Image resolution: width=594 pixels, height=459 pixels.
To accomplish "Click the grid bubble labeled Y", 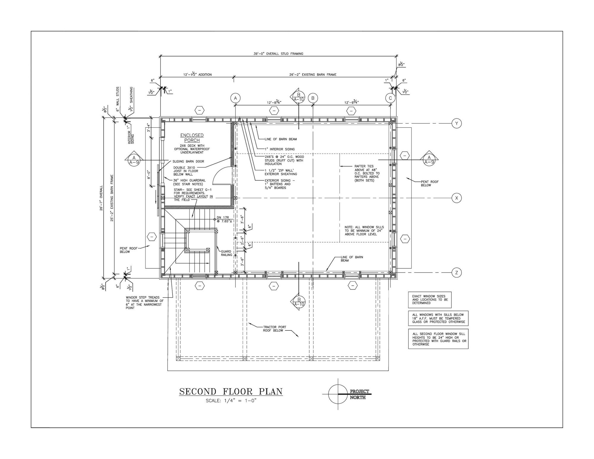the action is click(x=456, y=123).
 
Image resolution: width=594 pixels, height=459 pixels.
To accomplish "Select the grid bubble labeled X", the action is click(x=456, y=198).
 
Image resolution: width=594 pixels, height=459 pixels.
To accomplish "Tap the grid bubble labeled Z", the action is click(x=456, y=273).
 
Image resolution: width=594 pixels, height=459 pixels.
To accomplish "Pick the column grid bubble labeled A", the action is click(x=235, y=98).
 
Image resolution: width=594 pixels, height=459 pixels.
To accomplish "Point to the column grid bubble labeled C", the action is click(x=390, y=98).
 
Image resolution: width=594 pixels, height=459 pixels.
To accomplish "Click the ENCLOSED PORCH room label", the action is click(x=192, y=138).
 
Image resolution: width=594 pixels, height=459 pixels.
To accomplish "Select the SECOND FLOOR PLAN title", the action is click(x=231, y=392).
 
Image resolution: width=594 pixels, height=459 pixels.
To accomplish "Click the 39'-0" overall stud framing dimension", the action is click(x=278, y=54).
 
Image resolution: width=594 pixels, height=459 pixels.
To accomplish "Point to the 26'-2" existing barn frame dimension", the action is click(x=313, y=75).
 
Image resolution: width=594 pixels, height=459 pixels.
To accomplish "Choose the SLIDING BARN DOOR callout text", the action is click(x=188, y=162).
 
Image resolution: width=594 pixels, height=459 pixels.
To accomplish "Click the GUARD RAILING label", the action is click(x=226, y=253).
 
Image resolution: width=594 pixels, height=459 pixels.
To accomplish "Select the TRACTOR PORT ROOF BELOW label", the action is click(x=275, y=329).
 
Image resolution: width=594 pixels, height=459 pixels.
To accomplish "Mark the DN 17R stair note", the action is click(x=223, y=219).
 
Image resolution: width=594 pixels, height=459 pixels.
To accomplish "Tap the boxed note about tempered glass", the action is click(x=438, y=318).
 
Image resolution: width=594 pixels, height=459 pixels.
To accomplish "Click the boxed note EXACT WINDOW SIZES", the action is click(x=430, y=300).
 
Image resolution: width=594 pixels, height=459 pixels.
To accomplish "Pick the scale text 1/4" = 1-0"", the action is click(x=231, y=401).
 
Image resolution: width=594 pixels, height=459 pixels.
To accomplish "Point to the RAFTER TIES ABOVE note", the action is click(x=367, y=173).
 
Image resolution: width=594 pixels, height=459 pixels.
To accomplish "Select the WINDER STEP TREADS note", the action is click(x=145, y=303).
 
